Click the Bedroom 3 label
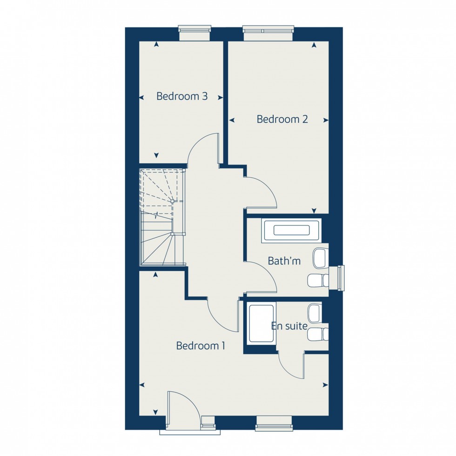[181, 96]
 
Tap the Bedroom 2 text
[282, 119]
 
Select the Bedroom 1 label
[201, 346]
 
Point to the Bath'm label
[284, 261]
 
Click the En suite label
[289, 326]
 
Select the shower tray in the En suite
[262, 323]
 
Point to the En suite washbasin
[315, 313]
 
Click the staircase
[162, 218]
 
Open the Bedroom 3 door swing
[203, 150]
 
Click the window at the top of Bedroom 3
[195, 34]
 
